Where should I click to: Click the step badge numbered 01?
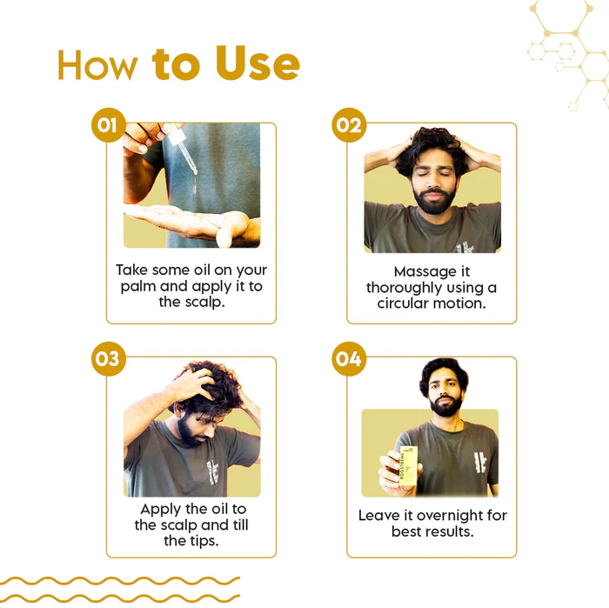click(109, 125)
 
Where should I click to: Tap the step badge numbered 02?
click(349, 125)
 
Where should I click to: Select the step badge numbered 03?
click(109, 358)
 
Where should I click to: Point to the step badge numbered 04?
click(349, 358)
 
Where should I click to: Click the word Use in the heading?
click(258, 63)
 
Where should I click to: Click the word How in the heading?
click(97, 65)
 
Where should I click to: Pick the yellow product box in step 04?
click(408, 466)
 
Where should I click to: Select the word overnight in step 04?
click(450, 516)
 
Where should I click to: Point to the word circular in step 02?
click(402, 304)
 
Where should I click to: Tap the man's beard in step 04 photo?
click(445, 406)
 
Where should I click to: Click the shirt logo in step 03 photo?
click(212, 471)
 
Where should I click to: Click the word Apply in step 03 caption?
click(160, 510)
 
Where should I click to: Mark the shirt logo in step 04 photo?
click(479, 462)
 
